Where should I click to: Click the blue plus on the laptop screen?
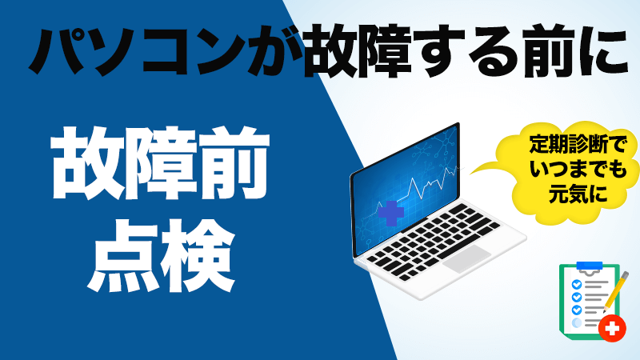390,213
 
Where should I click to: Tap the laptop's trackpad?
466,258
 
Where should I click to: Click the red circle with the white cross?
612,328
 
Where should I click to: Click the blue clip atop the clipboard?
590,266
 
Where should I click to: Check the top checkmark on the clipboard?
577,284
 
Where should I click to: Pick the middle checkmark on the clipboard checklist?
577,297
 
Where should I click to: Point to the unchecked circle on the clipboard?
577,323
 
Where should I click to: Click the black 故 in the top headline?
331,50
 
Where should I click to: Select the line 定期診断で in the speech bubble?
578,145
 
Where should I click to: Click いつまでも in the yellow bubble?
578,169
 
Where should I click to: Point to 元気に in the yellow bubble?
578,194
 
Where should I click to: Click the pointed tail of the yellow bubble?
470,174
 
